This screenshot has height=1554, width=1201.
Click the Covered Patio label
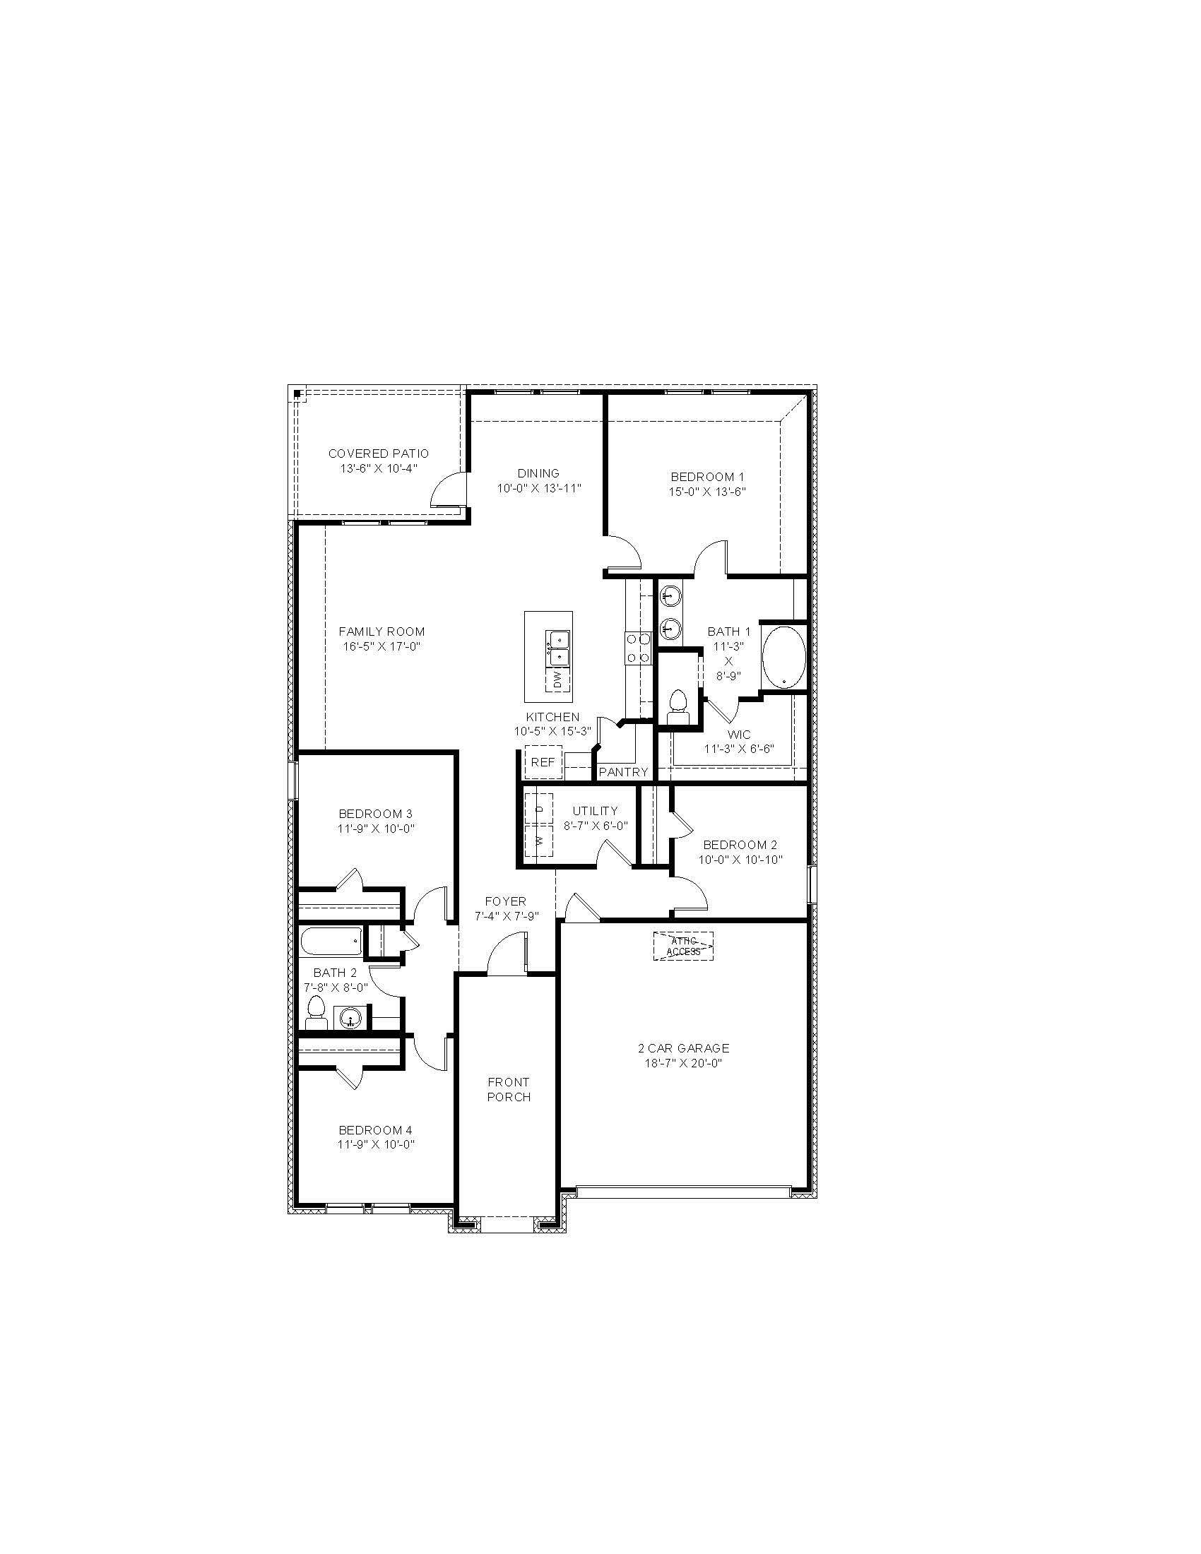click(x=379, y=453)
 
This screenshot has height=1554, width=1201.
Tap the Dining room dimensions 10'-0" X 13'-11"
click(x=538, y=488)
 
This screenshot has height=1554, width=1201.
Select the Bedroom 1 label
click(x=707, y=477)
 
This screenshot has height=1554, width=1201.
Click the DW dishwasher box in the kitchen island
click(x=557, y=680)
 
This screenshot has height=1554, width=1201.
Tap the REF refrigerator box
click(x=543, y=762)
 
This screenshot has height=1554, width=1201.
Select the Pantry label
click(x=623, y=772)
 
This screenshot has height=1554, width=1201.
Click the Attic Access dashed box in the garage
click(x=683, y=946)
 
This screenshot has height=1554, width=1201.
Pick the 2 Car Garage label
click(x=683, y=1048)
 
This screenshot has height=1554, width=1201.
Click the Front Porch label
click(x=509, y=1089)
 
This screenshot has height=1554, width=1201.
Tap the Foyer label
click(x=506, y=901)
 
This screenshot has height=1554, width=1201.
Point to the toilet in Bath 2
click(x=316, y=1012)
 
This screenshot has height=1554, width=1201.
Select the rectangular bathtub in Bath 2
click(x=331, y=942)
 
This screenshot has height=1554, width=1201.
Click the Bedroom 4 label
click(x=375, y=1130)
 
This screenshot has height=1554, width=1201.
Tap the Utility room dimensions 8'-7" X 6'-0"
click(x=595, y=825)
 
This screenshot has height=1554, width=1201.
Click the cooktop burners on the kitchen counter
click(x=637, y=648)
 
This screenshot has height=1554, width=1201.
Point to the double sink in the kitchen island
click(x=557, y=647)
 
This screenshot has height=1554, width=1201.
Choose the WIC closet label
click(x=738, y=735)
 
